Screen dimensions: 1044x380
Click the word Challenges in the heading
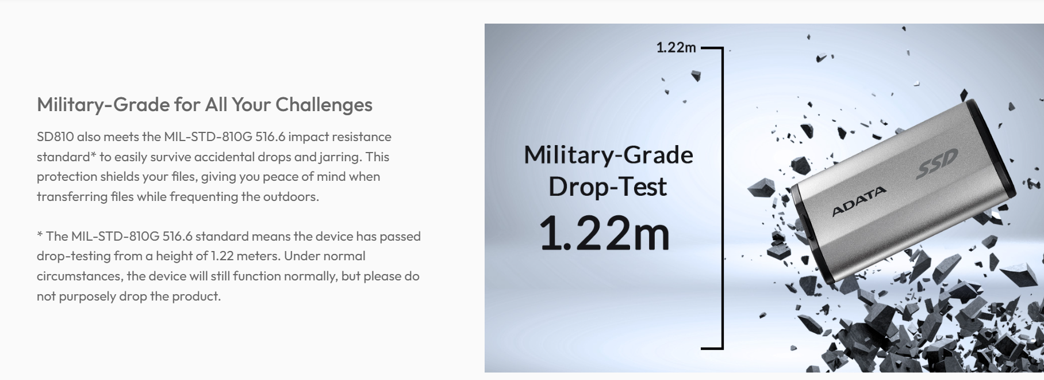click(x=324, y=105)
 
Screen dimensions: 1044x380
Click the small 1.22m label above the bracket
click(x=676, y=47)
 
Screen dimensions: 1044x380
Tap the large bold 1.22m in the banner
click(x=605, y=233)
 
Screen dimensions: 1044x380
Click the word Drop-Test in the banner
click(x=608, y=187)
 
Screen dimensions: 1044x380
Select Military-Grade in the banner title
click(x=608, y=155)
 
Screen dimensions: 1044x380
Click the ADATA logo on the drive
click(x=859, y=201)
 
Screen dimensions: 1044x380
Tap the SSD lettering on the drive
click(x=937, y=163)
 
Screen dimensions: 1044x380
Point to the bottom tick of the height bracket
click(x=712, y=348)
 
